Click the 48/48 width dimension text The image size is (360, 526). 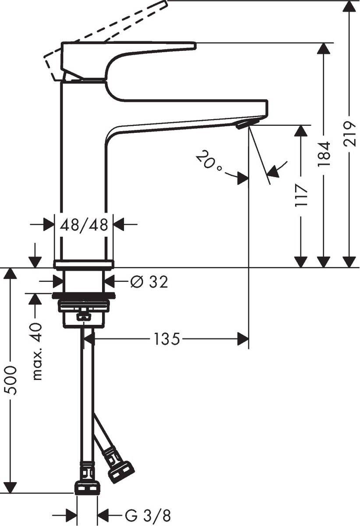click(x=84, y=225)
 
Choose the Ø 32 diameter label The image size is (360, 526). click(x=149, y=282)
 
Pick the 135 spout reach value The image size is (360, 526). click(x=166, y=339)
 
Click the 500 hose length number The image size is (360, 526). click(x=11, y=380)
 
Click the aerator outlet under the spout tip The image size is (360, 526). click(x=243, y=125)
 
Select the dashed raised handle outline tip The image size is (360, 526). click(x=164, y=4)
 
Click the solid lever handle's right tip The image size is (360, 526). click(x=193, y=45)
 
